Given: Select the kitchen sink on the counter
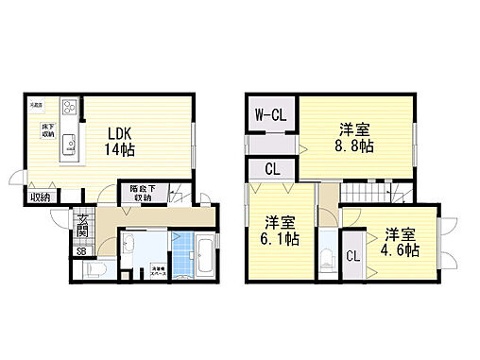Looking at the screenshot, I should pyautogui.click(x=68, y=145).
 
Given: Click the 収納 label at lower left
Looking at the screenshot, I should pyautogui.click(x=40, y=197).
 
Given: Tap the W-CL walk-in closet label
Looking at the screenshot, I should pyautogui.click(x=272, y=115).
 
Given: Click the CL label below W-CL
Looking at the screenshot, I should pyautogui.click(x=272, y=170).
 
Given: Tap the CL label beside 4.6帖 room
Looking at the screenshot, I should pyautogui.click(x=352, y=256).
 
